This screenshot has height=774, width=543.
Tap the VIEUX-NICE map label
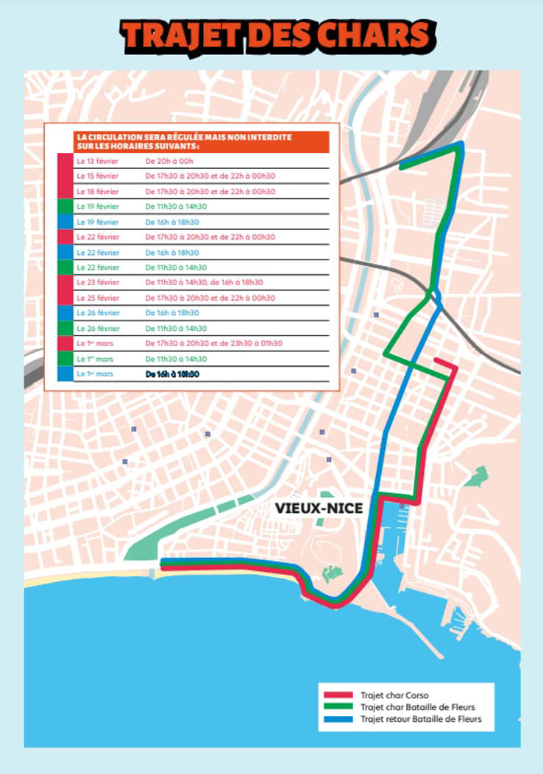319,508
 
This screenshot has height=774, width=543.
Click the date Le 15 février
97,176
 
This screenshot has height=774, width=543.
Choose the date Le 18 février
97,191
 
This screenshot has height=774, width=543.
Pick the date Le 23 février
97,282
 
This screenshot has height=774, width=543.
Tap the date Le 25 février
97,298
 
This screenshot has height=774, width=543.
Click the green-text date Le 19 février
97,207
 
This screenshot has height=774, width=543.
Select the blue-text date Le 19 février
97,222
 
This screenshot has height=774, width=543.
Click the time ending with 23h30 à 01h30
213,343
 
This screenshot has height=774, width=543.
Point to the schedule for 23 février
204,282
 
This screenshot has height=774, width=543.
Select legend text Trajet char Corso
394,695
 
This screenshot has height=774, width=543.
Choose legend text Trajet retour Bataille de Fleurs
421,720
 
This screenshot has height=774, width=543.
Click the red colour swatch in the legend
339,695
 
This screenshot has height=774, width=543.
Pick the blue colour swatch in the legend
339,720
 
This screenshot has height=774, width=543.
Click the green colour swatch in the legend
339,707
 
